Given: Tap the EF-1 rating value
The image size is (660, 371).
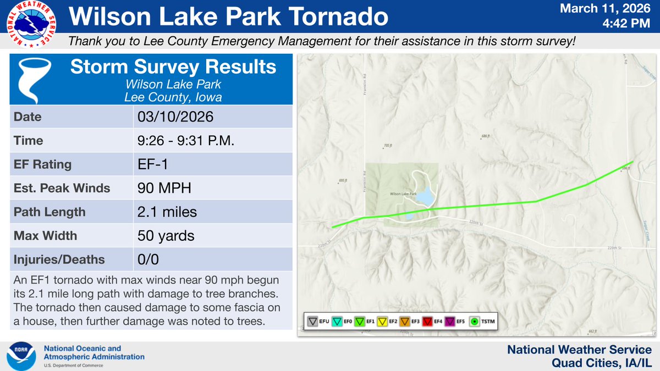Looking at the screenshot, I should (x=151, y=164).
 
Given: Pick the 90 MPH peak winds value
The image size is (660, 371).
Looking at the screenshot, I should (x=164, y=188).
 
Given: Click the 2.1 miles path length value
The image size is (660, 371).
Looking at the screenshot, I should (x=167, y=212).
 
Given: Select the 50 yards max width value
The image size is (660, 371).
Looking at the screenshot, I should (x=166, y=236).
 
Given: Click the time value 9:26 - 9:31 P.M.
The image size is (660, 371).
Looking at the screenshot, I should (x=186, y=141).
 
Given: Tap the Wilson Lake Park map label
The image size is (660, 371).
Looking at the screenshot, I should (x=401, y=194).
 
